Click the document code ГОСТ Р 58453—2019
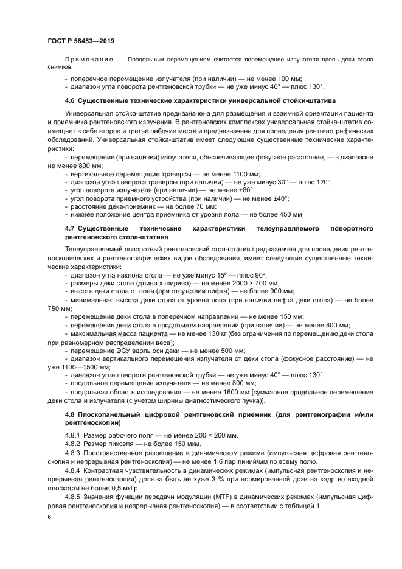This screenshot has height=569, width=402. [80, 41]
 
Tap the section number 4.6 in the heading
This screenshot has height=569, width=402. [69, 99]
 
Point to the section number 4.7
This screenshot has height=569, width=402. [69, 228]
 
